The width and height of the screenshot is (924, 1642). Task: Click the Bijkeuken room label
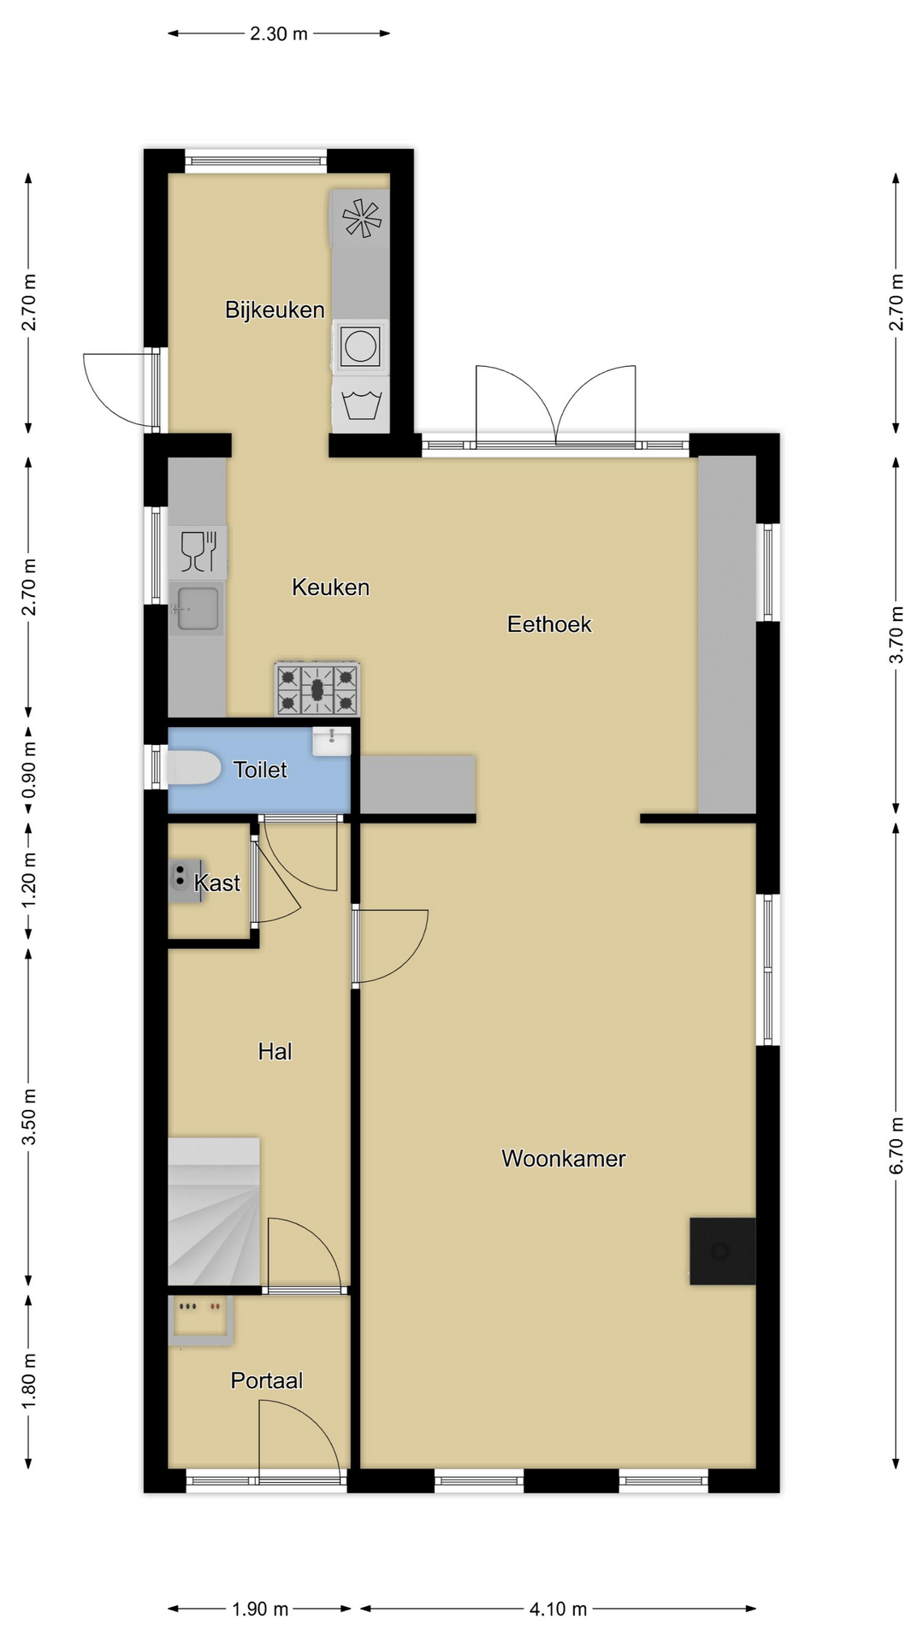point(275,310)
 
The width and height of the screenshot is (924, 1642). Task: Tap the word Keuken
point(330,588)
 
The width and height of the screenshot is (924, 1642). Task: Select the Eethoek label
point(549,624)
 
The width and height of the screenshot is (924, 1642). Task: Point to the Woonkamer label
point(563,1159)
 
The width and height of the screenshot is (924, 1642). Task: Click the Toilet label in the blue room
point(260,770)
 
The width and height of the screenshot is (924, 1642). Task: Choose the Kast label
point(217,883)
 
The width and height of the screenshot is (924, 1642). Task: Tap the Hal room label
point(275,1052)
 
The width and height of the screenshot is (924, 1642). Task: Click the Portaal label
point(267,1380)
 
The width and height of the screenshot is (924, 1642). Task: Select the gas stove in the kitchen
point(317,688)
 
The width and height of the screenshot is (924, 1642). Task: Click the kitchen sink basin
point(197,609)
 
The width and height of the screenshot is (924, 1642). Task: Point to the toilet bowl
point(193,768)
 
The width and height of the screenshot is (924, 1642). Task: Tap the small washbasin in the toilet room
point(331,741)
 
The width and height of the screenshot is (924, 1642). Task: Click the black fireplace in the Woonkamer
point(723,1251)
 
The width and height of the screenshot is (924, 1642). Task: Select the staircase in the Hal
point(214,1211)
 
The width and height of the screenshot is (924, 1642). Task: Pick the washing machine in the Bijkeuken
point(360,346)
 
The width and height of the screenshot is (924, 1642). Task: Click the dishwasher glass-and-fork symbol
point(198,551)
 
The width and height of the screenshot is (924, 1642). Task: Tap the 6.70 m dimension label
point(897,1146)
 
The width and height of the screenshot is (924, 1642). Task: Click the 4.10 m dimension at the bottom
point(558,1609)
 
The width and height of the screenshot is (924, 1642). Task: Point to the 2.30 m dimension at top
point(278,34)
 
